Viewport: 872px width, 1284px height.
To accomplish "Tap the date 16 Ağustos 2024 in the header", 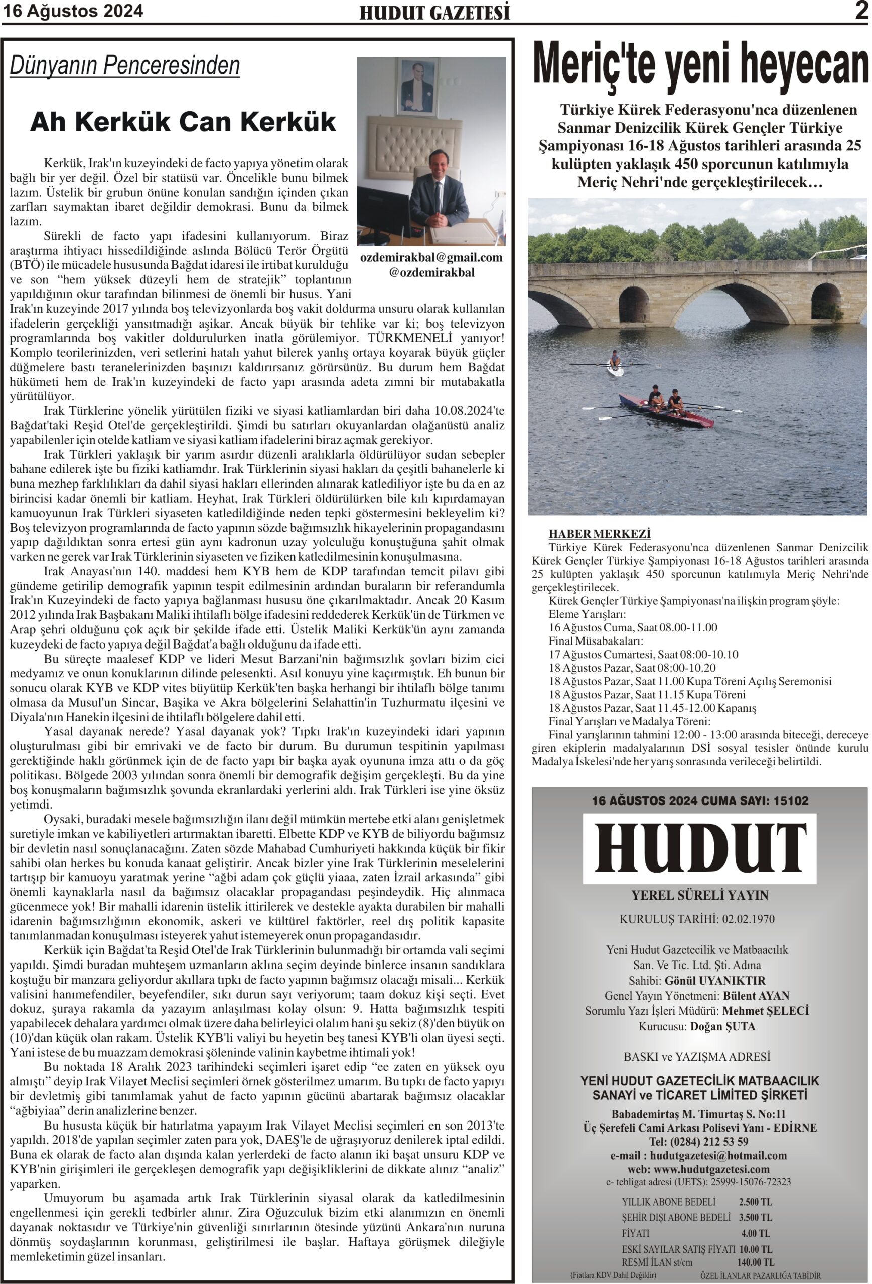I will pos(73,11).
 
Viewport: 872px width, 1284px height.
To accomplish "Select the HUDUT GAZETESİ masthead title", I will pos(434,13).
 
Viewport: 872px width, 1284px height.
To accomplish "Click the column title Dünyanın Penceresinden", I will pos(125,66).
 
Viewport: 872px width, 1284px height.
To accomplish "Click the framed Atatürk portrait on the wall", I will pos(417,88).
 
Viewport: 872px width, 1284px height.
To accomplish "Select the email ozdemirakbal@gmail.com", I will pos(431,257).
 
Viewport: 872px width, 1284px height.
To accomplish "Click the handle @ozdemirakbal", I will pos(431,272).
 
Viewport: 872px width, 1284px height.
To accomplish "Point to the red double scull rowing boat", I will pos(666,410).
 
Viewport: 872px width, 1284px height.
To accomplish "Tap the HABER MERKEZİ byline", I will pos(599,534).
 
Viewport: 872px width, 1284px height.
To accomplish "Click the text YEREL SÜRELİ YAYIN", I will pos(699,896).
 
